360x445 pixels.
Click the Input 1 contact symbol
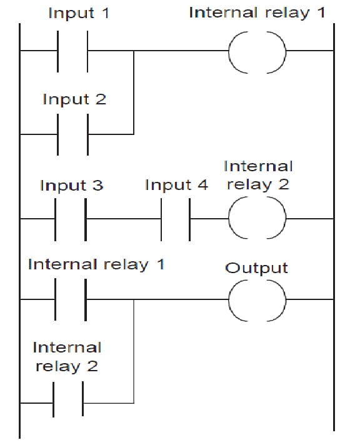pos(58,51)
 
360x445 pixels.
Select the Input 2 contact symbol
pos(58,134)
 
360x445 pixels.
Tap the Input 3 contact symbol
pos(56,219)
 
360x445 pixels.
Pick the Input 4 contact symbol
pos(161,219)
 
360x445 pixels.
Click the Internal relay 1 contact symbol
pos(56,299)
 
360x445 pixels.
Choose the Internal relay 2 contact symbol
pos(53,402)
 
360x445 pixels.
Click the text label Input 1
pos(79,13)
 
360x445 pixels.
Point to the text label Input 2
pos(74,99)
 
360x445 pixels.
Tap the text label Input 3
pos(71,186)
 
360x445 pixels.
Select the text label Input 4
pos(177,185)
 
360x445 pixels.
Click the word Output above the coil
pos(256,268)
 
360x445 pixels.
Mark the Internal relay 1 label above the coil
pos(257,12)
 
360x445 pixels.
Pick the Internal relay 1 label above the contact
pos(96,264)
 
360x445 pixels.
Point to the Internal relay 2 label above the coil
pos(258,176)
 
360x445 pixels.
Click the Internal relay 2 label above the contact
pos(67,357)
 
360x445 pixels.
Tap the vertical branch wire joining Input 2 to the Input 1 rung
pos(134,92)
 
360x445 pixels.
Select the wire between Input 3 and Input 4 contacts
pos(124,219)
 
